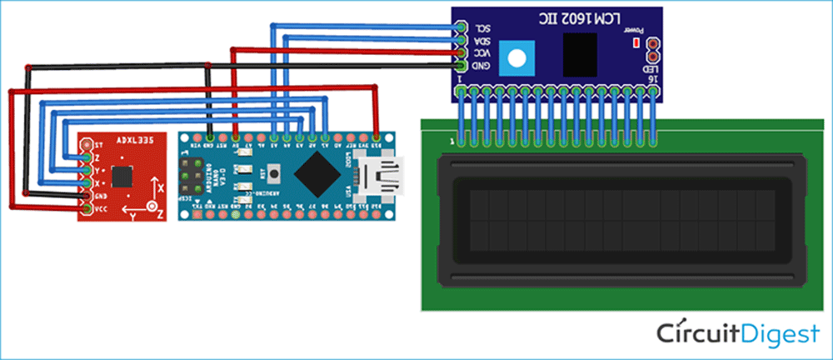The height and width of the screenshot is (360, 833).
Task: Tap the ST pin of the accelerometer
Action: pyautogui.click(x=86, y=144)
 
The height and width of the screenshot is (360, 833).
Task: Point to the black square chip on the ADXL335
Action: pyautogui.click(x=122, y=176)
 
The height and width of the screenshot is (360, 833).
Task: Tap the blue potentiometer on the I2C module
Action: pyautogui.click(x=518, y=57)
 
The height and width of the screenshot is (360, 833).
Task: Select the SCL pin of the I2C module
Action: pyautogui.click(x=460, y=26)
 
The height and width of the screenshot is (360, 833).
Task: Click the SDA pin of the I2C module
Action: pyautogui.click(x=460, y=38)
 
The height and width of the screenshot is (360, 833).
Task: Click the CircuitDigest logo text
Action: pyautogui.click(x=736, y=334)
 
